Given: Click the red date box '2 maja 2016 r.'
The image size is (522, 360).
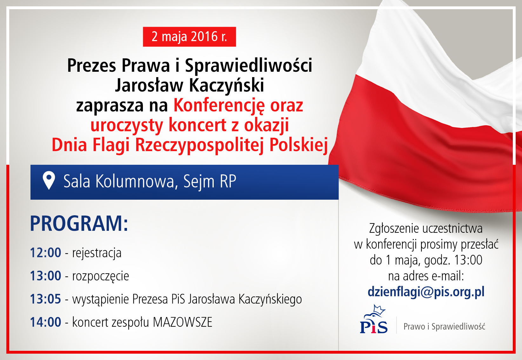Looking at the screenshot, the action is coord(189,37).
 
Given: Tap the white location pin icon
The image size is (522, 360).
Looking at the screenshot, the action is coord(49,180).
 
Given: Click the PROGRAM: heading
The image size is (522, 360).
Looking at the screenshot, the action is coord(79,224).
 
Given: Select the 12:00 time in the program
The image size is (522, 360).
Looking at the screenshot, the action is coord(46,253).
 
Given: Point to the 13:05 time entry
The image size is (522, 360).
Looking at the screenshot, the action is coord(46,299).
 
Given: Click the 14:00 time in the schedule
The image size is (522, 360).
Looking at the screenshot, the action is coord(46,322).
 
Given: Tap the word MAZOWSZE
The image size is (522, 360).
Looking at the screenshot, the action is coord(183,322).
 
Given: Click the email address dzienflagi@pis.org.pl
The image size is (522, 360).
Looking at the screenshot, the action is coord(426,292).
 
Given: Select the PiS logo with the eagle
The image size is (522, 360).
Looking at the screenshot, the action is coord(373,319).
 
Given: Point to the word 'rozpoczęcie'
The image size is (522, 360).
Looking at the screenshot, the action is coord(101,277).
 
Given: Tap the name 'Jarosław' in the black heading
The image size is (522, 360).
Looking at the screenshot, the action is coord(149,85).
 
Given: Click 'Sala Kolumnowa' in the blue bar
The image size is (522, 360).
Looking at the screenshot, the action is coord(119,181).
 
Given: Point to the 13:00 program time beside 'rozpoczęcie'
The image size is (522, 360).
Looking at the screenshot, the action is coord(46,276).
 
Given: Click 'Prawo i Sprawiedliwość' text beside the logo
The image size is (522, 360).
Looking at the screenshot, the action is coord(445,327).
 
